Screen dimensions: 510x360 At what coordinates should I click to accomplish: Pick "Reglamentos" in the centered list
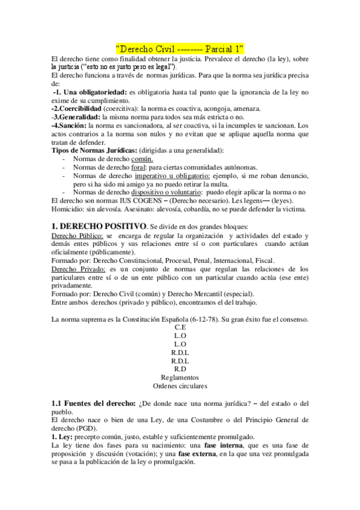click(180, 377)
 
